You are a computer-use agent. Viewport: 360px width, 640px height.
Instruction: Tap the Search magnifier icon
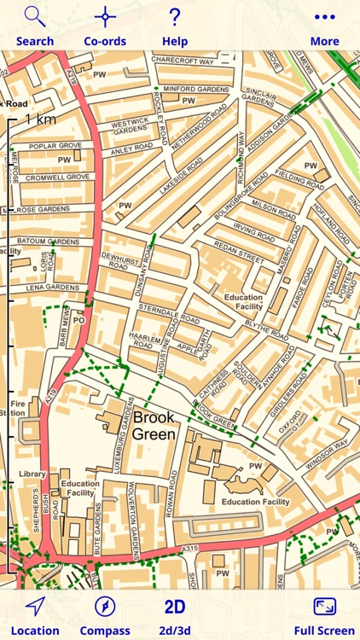tap(35, 17)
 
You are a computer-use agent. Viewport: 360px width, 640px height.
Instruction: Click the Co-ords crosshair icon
tap(105, 17)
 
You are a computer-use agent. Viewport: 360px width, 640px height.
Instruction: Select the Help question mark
tap(175, 17)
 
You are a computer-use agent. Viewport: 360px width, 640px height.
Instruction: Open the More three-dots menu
tap(324, 17)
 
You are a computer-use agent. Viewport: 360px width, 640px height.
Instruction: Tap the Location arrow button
tap(35, 607)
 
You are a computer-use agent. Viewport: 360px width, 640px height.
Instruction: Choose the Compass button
tap(105, 607)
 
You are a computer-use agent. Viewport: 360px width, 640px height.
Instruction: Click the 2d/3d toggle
tap(175, 607)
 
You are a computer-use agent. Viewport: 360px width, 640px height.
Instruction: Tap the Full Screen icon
tap(324, 607)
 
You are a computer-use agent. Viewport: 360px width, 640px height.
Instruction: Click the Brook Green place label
tap(154, 426)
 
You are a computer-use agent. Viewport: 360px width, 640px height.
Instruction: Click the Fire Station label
tap(17, 408)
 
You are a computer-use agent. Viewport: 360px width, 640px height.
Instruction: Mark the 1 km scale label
tap(41, 119)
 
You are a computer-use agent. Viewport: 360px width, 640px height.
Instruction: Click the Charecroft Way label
tap(182, 61)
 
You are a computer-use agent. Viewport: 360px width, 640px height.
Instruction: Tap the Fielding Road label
tap(299, 174)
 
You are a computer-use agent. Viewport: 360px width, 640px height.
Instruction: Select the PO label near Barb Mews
tap(78, 321)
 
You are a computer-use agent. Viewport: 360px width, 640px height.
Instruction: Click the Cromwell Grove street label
tap(57, 177)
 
